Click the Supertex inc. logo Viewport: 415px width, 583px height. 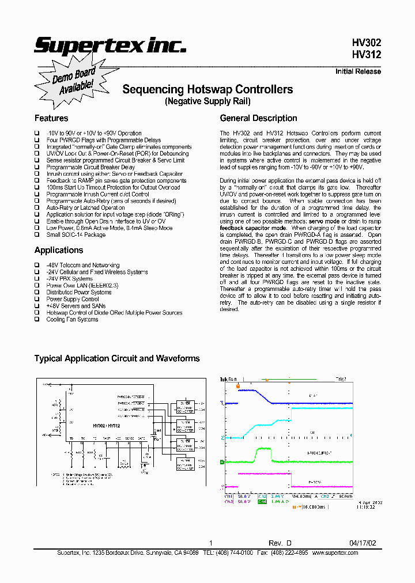pos(110,46)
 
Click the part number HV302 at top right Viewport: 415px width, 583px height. pos(367,43)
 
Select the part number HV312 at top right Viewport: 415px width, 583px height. pos(367,55)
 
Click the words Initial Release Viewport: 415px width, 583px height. pos(358,71)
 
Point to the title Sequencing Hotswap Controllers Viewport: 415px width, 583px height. pos(207,89)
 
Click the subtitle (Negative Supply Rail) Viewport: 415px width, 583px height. pos(207,101)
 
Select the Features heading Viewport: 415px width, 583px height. pos(51,118)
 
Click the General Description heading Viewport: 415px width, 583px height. pos(259,118)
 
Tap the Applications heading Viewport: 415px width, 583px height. pos(59,250)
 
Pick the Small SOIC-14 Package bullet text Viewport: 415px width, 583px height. pos(76,234)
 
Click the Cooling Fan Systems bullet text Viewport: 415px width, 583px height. pos(72,319)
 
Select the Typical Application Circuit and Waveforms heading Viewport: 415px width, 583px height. pos(117,358)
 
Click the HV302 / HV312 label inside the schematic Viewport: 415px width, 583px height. pos(106,426)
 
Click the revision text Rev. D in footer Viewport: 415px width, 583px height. pos(280,543)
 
